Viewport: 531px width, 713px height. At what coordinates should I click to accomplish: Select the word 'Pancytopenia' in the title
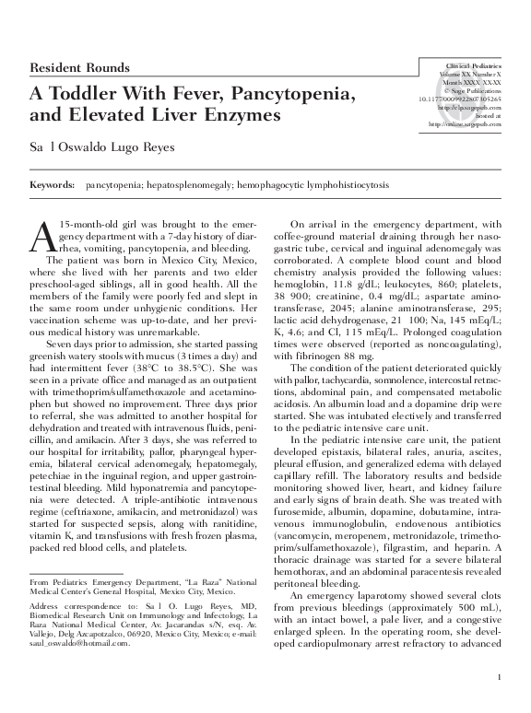(x=296, y=95)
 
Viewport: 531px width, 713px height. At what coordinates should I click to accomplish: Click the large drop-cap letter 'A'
(x=42, y=237)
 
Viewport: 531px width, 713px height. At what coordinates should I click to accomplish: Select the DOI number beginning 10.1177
(x=458, y=99)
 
